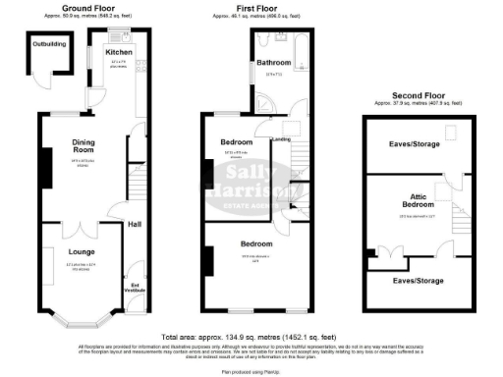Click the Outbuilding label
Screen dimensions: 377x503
tap(48, 44)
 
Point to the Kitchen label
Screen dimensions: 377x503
tap(119, 51)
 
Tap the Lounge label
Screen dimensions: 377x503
tap(67, 252)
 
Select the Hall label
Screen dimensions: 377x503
tap(134, 224)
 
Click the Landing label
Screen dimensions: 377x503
tap(280, 139)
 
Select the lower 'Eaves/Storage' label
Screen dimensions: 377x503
tap(418, 281)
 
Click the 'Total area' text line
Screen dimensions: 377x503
tap(251, 336)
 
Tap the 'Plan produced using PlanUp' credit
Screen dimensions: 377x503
tap(251, 371)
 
